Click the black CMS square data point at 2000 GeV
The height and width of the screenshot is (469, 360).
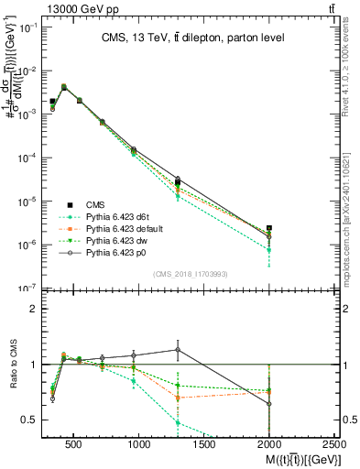click(x=268, y=228)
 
